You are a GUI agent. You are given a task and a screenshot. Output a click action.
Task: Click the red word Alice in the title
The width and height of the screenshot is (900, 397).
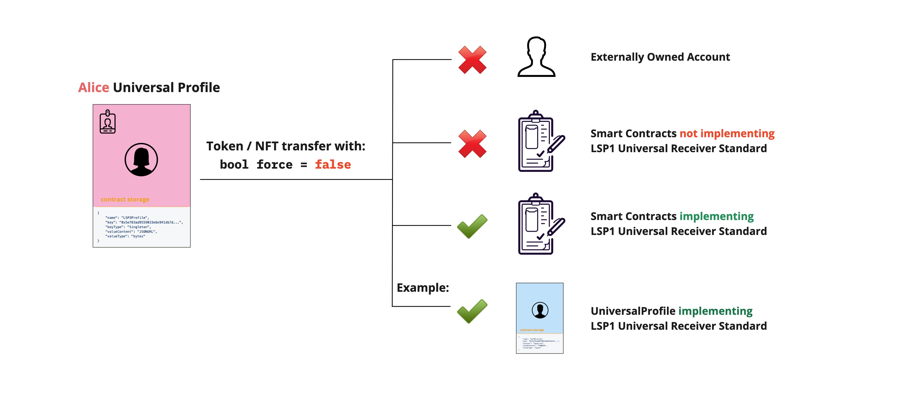coord(93,87)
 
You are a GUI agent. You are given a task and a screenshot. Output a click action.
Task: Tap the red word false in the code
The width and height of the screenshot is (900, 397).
coord(333,164)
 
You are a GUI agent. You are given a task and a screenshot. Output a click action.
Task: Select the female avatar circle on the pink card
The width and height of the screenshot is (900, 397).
coord(141,160)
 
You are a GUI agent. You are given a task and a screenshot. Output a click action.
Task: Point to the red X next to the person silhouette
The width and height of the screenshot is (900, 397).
coord(472,60)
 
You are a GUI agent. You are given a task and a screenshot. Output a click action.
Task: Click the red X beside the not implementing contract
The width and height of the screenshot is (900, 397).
coord(472,143)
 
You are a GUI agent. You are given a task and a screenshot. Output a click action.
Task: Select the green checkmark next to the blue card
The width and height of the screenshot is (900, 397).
coord(472,311)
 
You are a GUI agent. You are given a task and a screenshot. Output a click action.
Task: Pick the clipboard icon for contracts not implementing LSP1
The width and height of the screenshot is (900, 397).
coord(540,141)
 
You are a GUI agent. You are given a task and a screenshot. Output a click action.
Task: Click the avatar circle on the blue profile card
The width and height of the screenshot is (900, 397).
coord(540,310)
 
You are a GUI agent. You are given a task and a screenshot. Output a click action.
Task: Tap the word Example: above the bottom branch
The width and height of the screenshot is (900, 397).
coord(423,288)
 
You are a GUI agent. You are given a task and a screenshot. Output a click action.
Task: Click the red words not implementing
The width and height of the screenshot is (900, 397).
coord(727,134)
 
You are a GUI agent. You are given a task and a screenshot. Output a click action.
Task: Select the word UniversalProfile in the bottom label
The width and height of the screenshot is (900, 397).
coord(633,311)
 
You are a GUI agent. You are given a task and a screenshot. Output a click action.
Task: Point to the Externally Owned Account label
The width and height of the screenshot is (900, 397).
coord(660,57)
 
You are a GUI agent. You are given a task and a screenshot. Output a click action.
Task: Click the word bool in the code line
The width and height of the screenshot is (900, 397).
coord(234,164)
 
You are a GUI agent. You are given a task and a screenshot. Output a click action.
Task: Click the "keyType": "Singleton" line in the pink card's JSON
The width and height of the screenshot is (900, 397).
coord(128,227)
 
